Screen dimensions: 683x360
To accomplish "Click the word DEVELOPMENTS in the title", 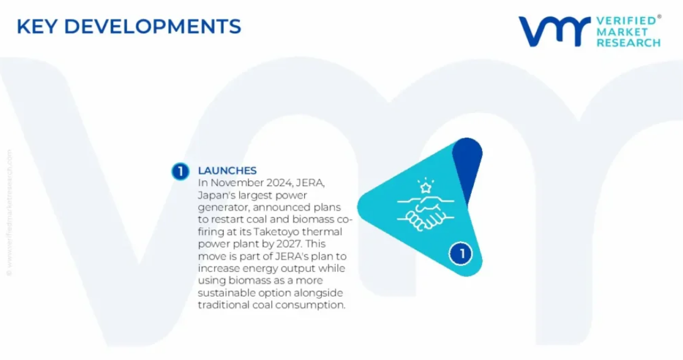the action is pos(153,26).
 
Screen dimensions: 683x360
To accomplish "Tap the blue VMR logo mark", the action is pos(554,31).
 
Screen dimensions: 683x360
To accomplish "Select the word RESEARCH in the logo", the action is pos(628,43).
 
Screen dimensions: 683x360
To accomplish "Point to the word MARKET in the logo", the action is pos(622,32).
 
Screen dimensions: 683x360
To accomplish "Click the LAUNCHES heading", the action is pos(227,171).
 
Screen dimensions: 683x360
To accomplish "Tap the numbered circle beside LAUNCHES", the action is pos(180,171).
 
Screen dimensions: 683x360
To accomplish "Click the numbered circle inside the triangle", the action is pos(461,253).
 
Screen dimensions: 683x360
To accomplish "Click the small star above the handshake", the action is pos(425,188).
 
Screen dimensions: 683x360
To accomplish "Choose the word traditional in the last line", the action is pos(224,305).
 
